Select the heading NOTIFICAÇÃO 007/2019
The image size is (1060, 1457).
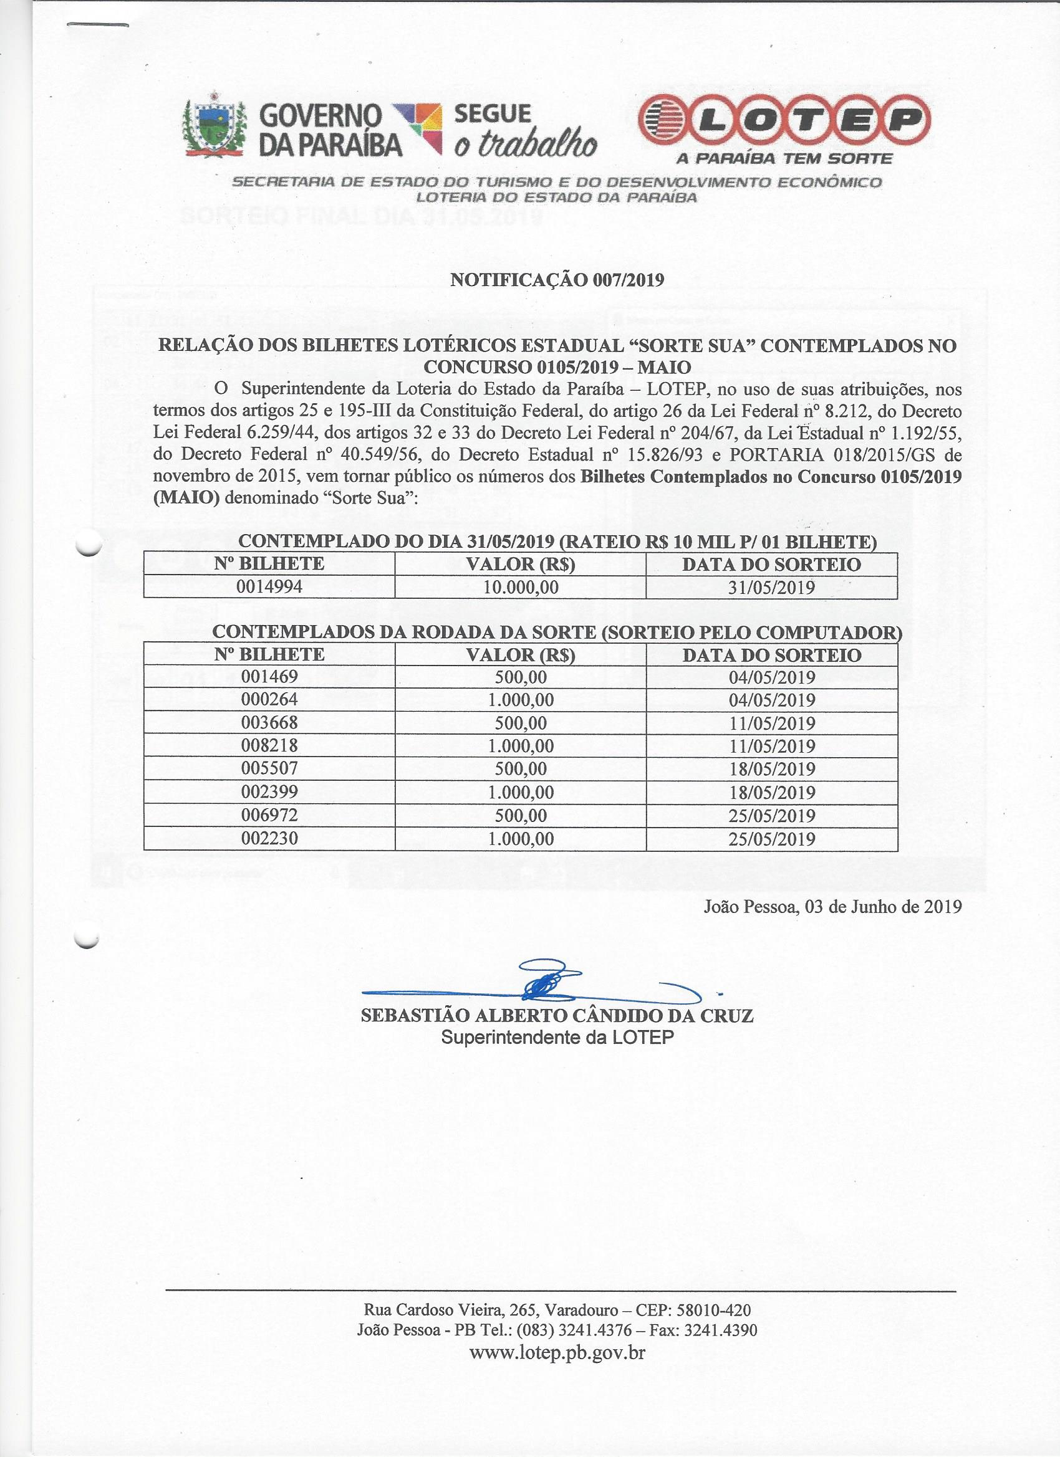pos(557,280)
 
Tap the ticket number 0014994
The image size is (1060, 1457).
pos(269,586)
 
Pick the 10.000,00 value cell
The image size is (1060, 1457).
pos(521,586)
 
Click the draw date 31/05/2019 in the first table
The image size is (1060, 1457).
pos(772,586)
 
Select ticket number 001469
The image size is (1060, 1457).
pos(269,677)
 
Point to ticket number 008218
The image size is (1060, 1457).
pos(269,746)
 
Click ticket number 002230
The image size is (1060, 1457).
pos(269,838)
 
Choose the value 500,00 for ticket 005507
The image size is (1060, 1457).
pos(521,769)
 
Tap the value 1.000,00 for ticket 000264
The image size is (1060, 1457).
pos(521,700)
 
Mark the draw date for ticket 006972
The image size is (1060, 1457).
pos(772,815)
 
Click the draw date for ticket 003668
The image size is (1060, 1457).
pos(772,723)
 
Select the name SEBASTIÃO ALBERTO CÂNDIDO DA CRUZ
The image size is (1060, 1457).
pos(557,1016)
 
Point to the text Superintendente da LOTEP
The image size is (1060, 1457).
pos(557,1037)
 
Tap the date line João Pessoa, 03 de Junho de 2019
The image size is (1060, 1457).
pos(832,907)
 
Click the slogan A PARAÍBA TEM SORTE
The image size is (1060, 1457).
pos(784,158)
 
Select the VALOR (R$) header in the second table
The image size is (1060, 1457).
pos(521,654)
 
